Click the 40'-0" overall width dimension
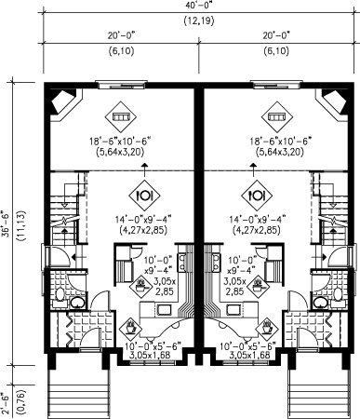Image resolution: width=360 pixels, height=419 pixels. point(198,7)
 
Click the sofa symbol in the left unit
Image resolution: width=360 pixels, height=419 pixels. point(120,116)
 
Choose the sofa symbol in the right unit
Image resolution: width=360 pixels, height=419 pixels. point(277,116)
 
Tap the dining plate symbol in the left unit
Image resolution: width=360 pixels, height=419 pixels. point(144,196)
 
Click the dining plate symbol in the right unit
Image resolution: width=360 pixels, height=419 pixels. point(258,196)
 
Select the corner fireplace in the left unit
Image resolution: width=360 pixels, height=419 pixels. point(64,101)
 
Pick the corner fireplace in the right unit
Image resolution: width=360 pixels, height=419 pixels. point(334,101)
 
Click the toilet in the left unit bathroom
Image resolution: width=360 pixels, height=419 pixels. point(59,297)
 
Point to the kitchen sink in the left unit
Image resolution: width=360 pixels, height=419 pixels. point(164,309)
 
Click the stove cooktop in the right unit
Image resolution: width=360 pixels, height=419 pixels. point(216,262)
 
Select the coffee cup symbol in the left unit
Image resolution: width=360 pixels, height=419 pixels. point(129,327)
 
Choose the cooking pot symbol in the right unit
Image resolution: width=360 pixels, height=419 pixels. point(258,285)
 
